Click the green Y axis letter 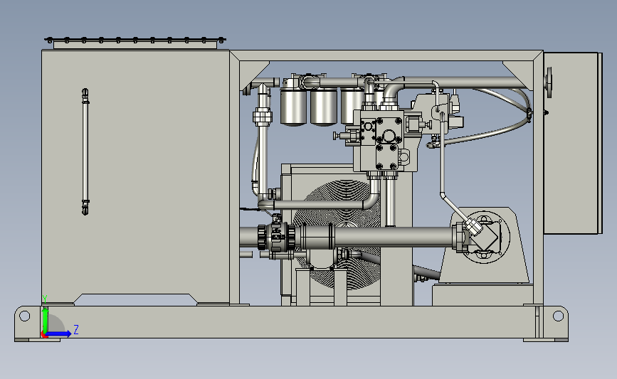(44, 299)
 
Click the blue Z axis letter (76, 329)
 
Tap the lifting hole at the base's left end (24, 316)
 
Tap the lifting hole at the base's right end (558, 316)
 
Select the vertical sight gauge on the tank (85, 151)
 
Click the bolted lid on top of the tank (135, 43)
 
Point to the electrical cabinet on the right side (573, 143)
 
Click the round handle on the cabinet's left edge (549, 82)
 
